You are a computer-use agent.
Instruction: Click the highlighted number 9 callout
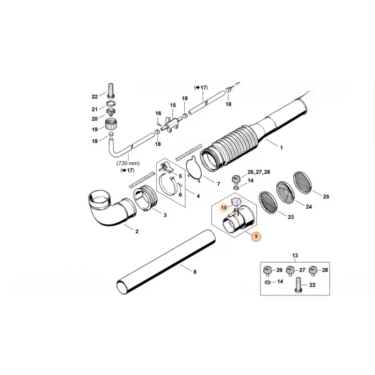(256, 237)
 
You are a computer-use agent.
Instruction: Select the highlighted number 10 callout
(224, 205)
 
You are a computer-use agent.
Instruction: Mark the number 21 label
(95, 108)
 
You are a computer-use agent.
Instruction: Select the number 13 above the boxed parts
(172, 105)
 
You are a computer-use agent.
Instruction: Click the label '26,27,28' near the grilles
(157, 113)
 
